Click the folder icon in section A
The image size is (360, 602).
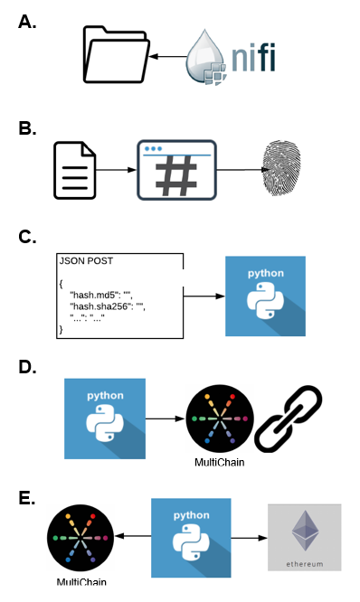click(x=115, y=57)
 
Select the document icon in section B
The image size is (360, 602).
click(x=74, y=169)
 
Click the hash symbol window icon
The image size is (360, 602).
click(x=176, y=169)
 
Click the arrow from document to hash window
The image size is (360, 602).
click(x=116, y=169)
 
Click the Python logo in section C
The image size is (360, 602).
click(x=265, y=296)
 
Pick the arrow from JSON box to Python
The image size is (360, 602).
click(x=204, y=295)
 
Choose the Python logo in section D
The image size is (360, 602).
click(x=105, y=419)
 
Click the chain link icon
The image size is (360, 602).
click(x=289, y=419)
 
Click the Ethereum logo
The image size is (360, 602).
click(x=304, y=537)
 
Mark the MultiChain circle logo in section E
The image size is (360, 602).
click(x=80, y=538)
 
